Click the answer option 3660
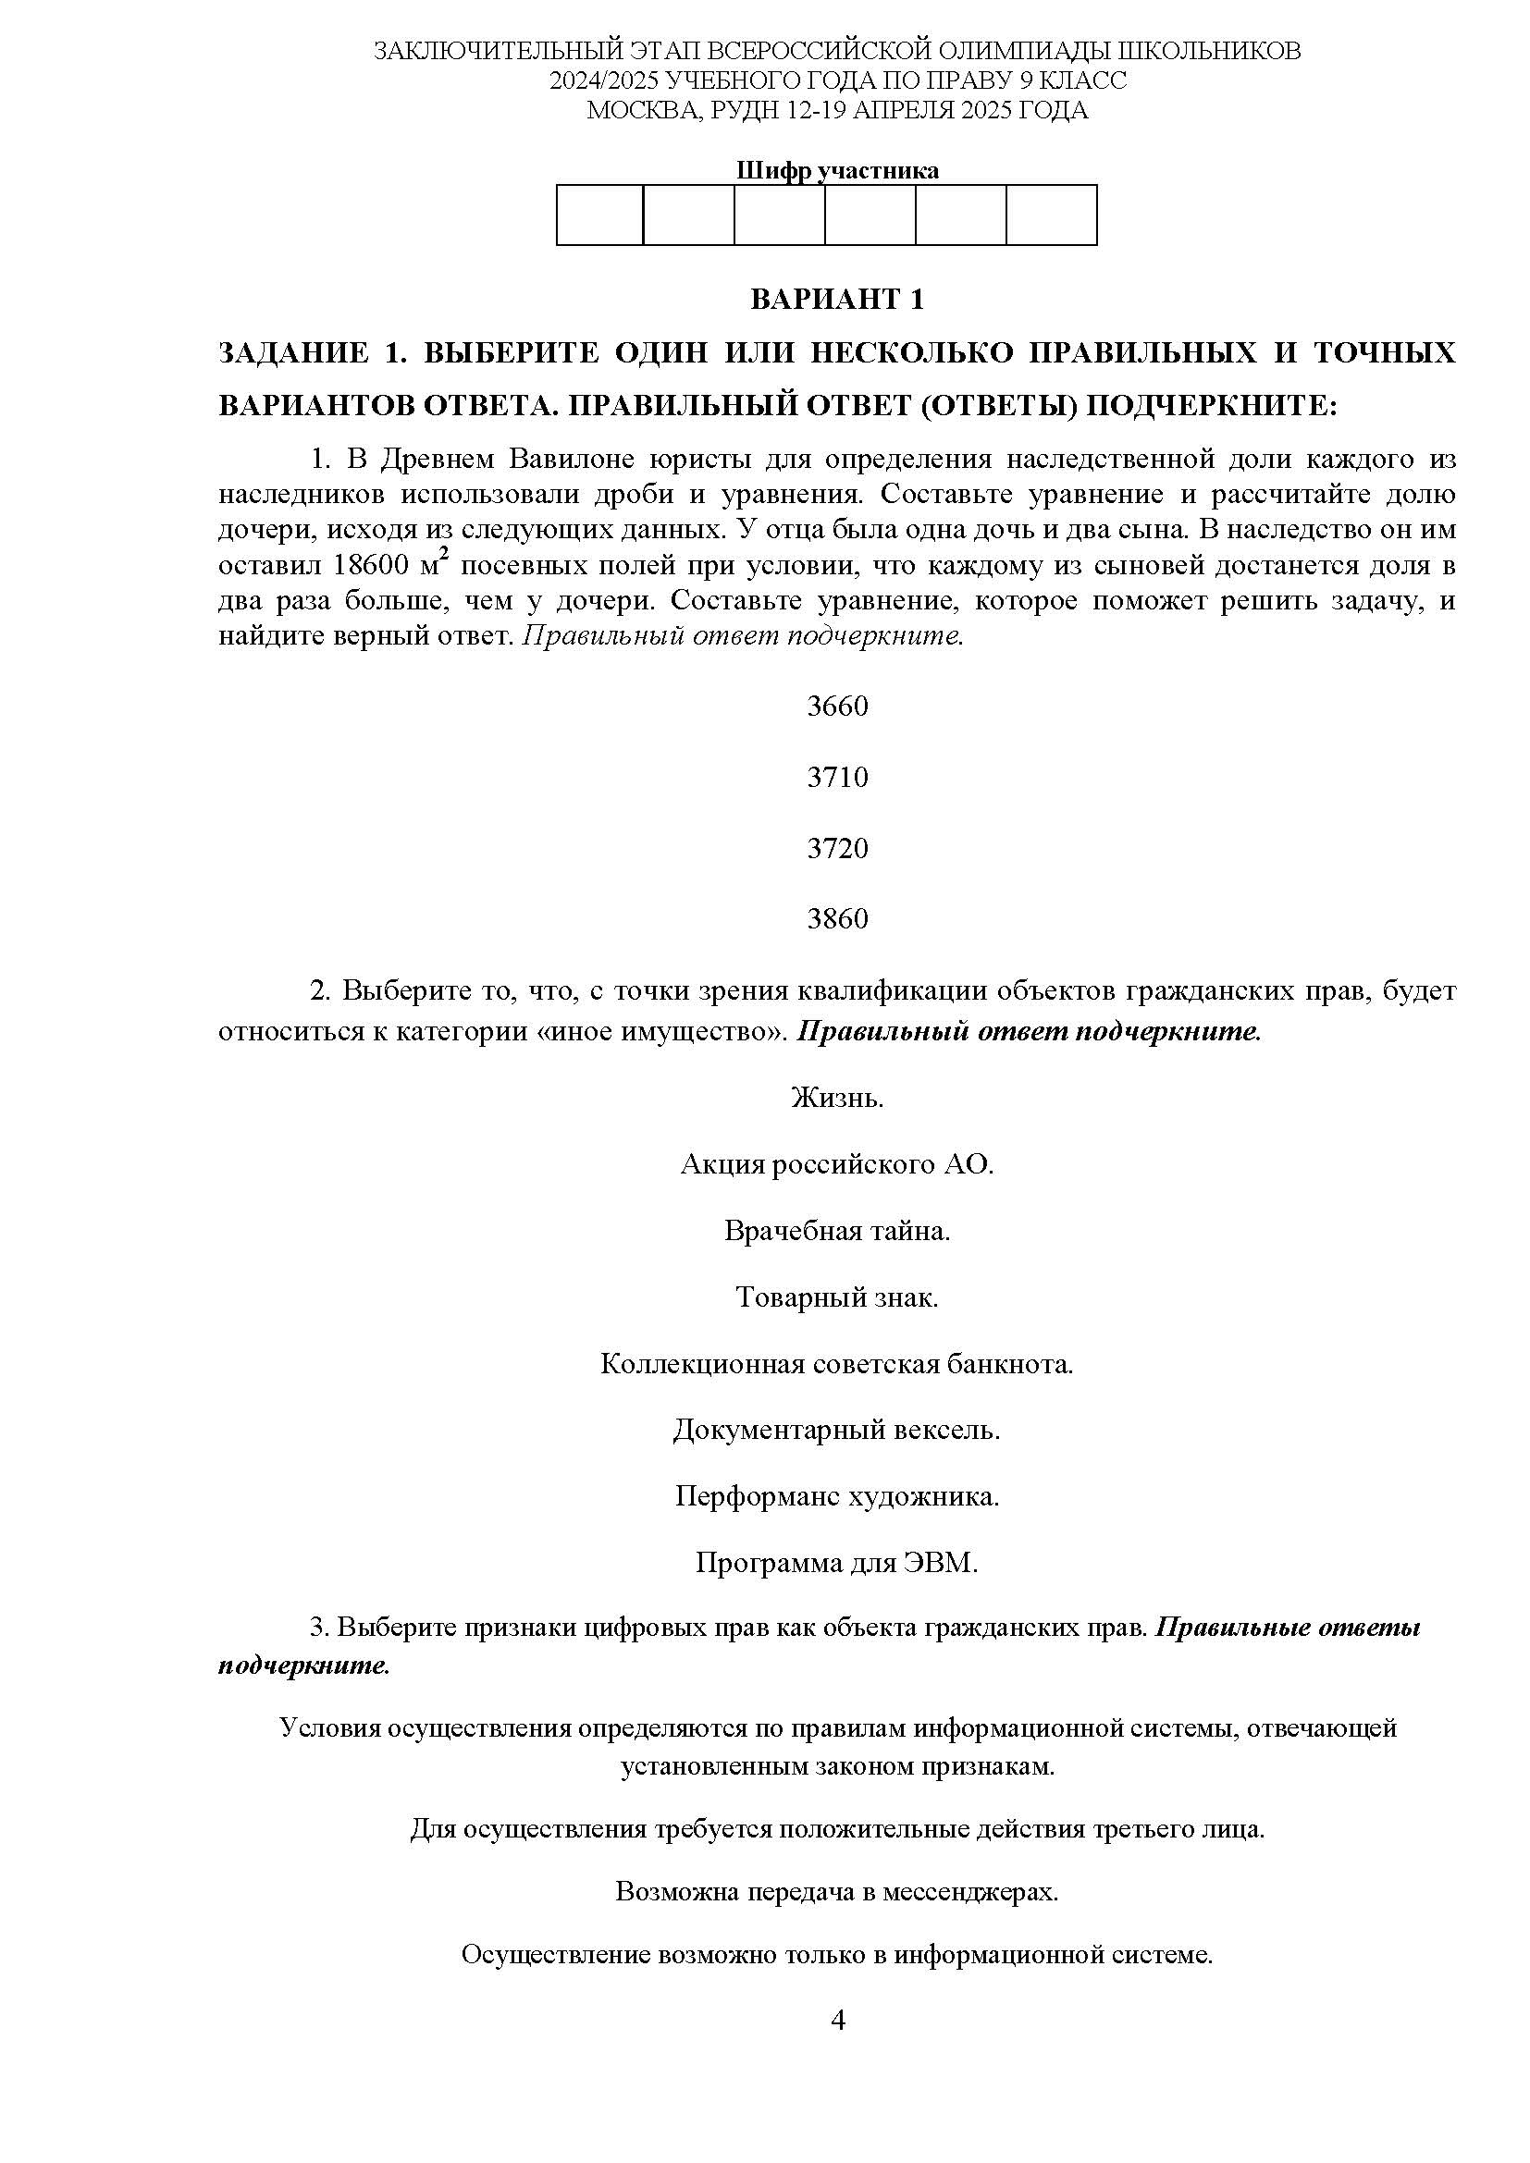point(836,707)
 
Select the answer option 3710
point(836,777)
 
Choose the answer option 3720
point(836,848)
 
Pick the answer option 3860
point(836,918)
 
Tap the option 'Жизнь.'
point(836,1098)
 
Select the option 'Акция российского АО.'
point(836,1164)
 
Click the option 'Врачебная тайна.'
point(836,1230)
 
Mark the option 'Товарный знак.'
point(836,1297)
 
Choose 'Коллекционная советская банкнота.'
point(836,1363)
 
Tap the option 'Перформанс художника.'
point(836,1496)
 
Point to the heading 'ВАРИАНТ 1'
point(836,300)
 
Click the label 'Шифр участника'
point(836,170)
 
